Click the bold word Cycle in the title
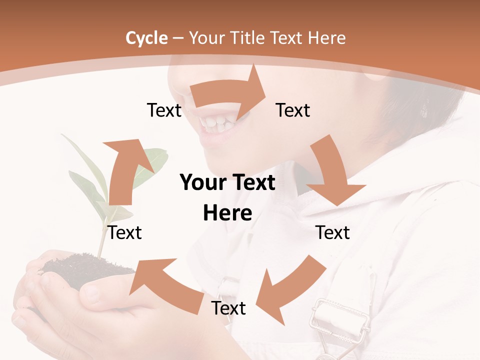coord(146,38)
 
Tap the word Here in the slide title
coord(327,38)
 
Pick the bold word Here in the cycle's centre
coord(227,213)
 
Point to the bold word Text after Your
coord(252,183)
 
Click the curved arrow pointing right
coord(230,92)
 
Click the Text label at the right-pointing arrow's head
coord(293,110)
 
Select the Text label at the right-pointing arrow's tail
coord(164,110)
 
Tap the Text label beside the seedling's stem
coord(125,232)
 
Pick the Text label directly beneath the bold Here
coord(228,308)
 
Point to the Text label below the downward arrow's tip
coord(333,232)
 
